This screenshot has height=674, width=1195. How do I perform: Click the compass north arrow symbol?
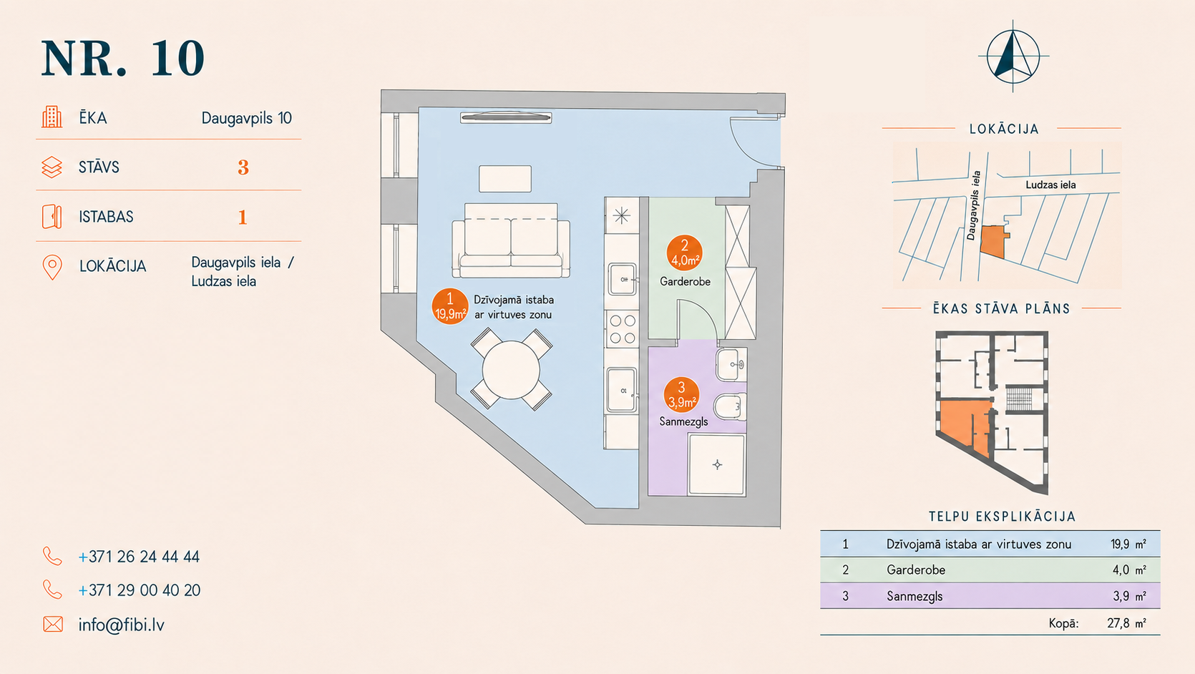click(1013, 56)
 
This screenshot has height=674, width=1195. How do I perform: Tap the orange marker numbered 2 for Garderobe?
click(685, 253)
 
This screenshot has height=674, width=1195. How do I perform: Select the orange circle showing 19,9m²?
click(449, 307)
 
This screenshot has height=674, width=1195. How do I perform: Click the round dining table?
click(511, 369)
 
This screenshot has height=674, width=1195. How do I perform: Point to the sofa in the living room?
click(511, 240)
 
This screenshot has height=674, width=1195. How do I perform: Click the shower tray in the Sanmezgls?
click(717, 464)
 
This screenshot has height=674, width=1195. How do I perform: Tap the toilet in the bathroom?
click(730, 407)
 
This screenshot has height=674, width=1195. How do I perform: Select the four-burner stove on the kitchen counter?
click(623, 329)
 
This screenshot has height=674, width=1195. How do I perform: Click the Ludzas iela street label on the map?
click(1050, 185)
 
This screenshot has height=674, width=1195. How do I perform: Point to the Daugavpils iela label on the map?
click(974, 205)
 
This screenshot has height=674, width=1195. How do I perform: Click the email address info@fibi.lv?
click(121, 625)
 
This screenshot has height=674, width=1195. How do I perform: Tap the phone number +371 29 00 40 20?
click(140, 590)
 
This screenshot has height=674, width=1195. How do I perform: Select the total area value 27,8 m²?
click(1126, 622)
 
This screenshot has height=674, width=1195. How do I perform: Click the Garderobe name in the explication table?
click(915, 570)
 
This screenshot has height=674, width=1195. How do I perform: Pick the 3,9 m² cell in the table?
click(1129, 595)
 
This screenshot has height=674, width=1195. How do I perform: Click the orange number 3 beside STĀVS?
click(243, 167)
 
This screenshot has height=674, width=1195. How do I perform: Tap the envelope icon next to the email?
click(53, 624)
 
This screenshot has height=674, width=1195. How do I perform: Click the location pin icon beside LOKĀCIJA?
click(52, 267)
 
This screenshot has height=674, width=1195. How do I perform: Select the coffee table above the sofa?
click(504, 179)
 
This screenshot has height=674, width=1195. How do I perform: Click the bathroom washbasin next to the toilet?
click(731, 365)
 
